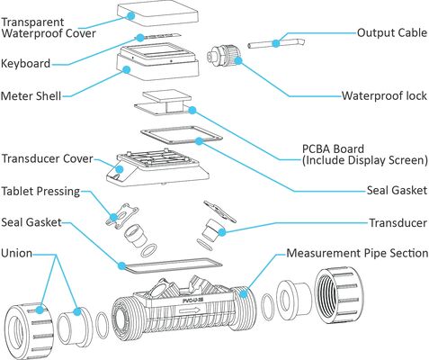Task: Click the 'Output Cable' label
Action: click(392, 32)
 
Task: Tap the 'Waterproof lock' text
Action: click(384, 96)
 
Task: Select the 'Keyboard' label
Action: click(25, 64)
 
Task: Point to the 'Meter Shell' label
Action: click(31, 96)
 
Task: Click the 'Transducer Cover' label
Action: click(48, 158)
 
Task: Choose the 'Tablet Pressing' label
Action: click(40, 191)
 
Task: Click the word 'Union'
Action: click(16, 253)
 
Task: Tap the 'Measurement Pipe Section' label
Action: click(357, 253)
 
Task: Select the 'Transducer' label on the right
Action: click(398, 223)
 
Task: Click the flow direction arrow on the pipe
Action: click(189, 310)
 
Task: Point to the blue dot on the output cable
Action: click(276, 43)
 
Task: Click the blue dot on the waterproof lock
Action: click(238, 61)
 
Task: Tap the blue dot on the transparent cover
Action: click(130, 15)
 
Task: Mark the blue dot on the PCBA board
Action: click(192, 111)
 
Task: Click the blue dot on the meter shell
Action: click(127, 70)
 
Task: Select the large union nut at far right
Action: click(338, 296)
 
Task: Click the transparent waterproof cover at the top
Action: click(157, 14)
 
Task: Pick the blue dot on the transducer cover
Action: click(120, 169)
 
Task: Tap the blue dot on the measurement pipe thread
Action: click(244, 293)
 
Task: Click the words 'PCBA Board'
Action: click(333, 149)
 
